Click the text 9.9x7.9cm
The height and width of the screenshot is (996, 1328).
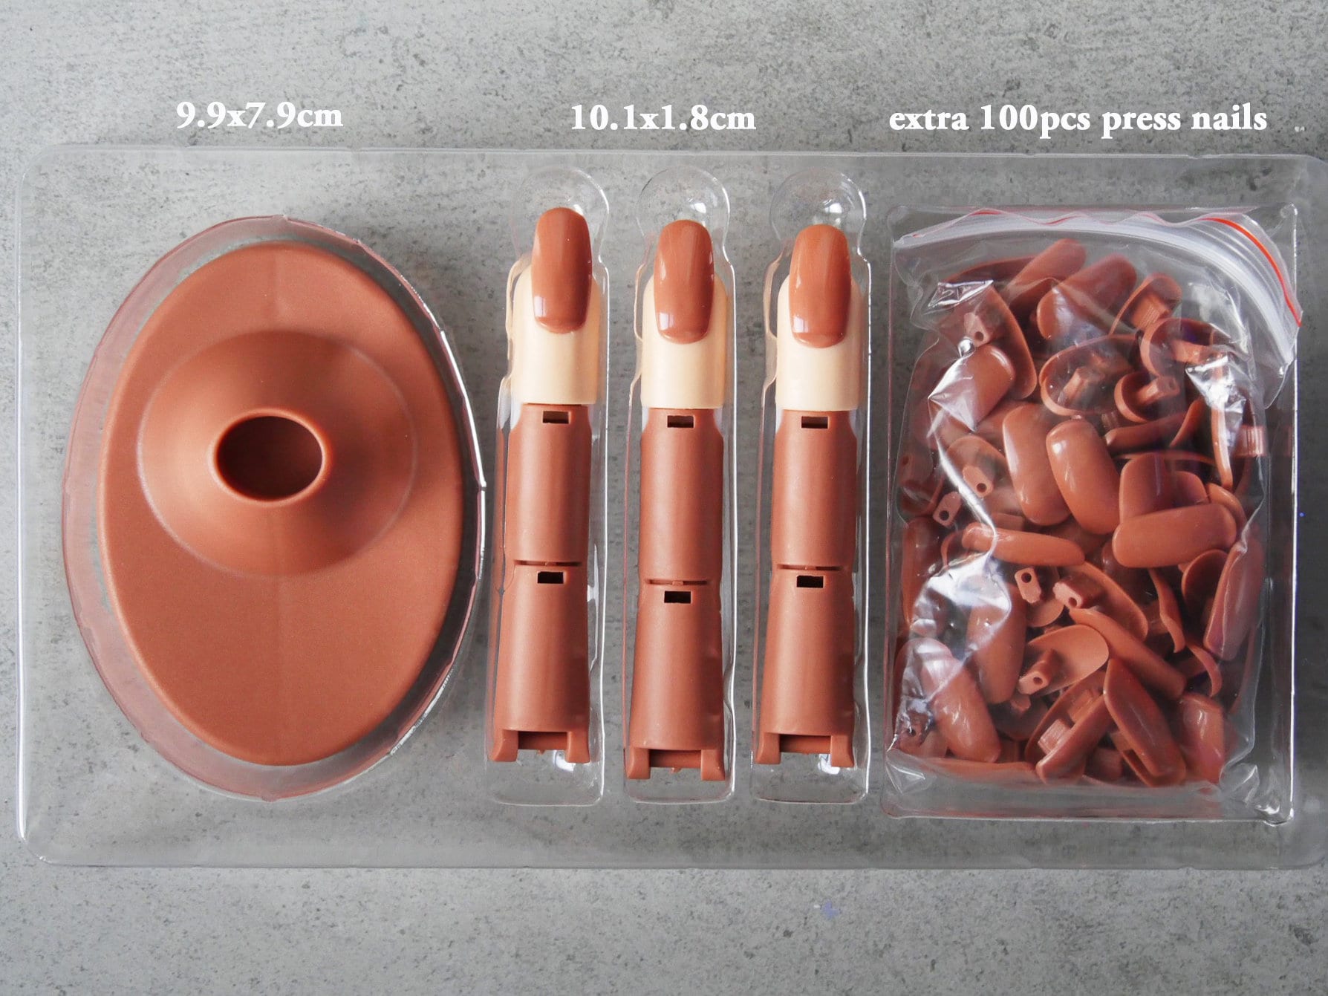click(259, 116)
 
